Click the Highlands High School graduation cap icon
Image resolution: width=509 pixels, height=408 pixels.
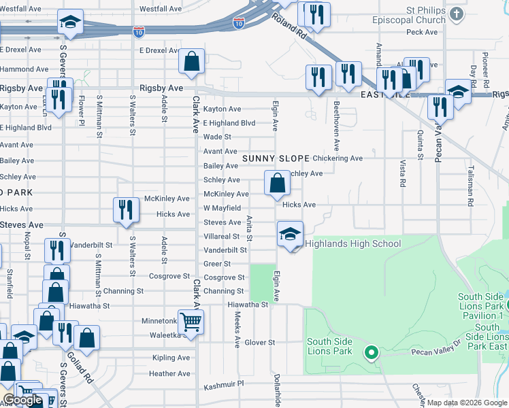(290, 235)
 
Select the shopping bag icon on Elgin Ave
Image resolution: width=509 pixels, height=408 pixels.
(276, 183)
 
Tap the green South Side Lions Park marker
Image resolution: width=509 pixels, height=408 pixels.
(371, 352)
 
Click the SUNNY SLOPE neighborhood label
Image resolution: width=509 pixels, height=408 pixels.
(272, 158)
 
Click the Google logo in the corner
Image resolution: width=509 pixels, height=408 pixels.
(22, 401)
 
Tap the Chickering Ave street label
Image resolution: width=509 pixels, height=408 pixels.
(338, 158)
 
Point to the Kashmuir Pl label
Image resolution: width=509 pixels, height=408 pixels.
(223, 386)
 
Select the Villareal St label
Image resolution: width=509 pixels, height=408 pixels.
(222, 237)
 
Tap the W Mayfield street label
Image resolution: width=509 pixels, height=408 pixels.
(222, 208)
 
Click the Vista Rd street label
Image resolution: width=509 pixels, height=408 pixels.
(403, 174)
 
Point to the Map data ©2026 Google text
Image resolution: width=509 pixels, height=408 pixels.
(467, 403)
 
